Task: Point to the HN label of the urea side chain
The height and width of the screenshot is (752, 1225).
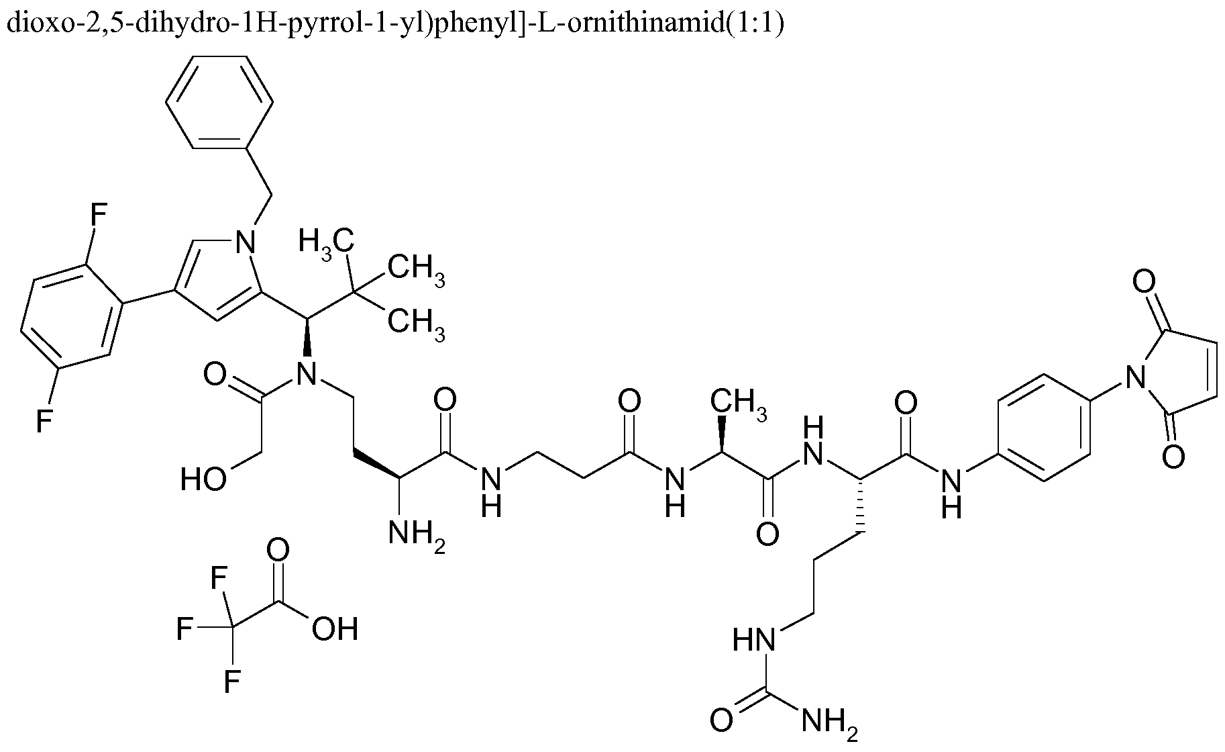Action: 754,640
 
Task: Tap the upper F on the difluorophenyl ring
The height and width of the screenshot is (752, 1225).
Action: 98,217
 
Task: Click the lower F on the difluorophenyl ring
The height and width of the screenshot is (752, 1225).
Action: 44,421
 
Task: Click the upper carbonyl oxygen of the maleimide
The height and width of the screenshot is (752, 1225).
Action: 1143,281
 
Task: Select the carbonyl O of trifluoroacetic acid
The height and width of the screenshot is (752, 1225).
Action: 278,550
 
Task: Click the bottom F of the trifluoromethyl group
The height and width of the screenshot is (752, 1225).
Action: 232,681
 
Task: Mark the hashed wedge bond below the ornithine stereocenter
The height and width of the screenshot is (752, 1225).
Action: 859,507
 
